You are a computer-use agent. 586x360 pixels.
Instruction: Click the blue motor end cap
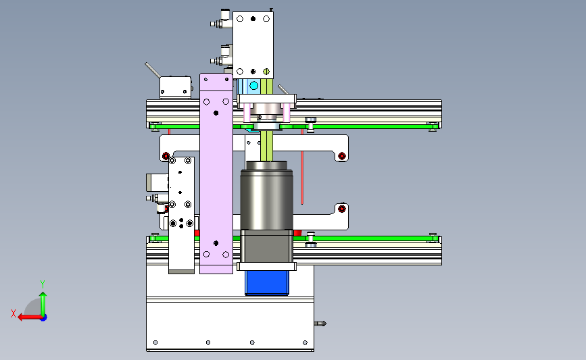(x=267, y=283)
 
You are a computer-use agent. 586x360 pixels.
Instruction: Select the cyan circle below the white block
(x=253, y=86)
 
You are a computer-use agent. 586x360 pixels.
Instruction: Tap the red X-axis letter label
(x=14, y=313)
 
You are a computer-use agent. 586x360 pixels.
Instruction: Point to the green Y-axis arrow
(x=43, y=304)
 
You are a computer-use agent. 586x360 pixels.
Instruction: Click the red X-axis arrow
(x=30, y=317)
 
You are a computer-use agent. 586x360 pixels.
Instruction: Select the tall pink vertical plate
(x=216, y=174)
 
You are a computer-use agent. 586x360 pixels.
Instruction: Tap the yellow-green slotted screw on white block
(x=266, y=72)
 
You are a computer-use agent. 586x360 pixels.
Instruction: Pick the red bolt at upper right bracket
(x=341, y=156)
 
